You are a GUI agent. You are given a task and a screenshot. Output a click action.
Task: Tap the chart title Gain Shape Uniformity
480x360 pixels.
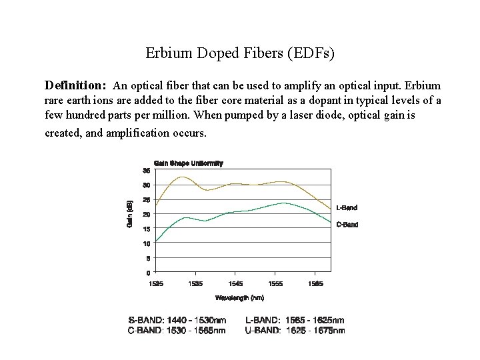(189, 163)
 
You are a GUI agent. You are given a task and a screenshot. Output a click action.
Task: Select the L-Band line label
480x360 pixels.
(347, 207)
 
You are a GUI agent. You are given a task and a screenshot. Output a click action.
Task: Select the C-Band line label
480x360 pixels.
(347, 225)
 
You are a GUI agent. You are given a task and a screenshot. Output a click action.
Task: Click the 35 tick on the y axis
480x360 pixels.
(146, 169)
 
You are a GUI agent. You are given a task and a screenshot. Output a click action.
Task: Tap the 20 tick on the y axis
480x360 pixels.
(146, 214)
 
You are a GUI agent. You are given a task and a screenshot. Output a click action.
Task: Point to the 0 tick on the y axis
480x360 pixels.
(148, 273)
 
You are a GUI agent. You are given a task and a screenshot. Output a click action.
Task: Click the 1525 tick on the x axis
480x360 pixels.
(155, 283)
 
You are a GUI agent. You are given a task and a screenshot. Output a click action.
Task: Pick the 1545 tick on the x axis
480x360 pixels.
(235, 283)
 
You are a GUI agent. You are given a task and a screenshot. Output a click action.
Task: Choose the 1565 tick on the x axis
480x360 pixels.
(316, 283)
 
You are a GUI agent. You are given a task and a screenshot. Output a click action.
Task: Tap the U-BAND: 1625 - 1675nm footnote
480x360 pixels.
(295, 330)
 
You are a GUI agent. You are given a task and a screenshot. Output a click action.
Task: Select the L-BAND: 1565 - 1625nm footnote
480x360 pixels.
(295, 321)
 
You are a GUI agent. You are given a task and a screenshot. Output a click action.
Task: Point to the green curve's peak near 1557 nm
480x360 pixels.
(284, 203)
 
